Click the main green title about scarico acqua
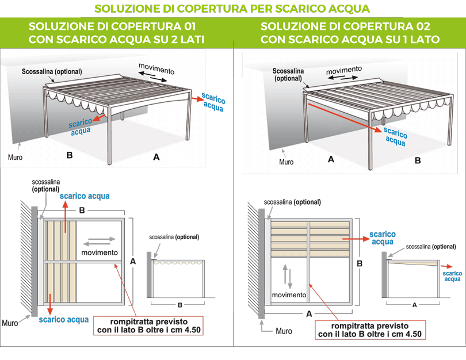click(x=232, y=9)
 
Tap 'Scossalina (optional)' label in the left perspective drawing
click(x=52, y=71)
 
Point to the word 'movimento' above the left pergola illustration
click(x=156, y=70)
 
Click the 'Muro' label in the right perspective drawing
click(x=286, y=162)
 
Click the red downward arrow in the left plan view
click(x=50, y=300)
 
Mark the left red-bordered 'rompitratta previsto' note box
click(x=148, y=325)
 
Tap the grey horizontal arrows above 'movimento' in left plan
click(x=99, y=241)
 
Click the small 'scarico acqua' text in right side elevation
click(x=452, y=276)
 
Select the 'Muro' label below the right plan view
click(x=283, y=331)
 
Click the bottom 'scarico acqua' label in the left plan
click(x=64, y=320)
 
